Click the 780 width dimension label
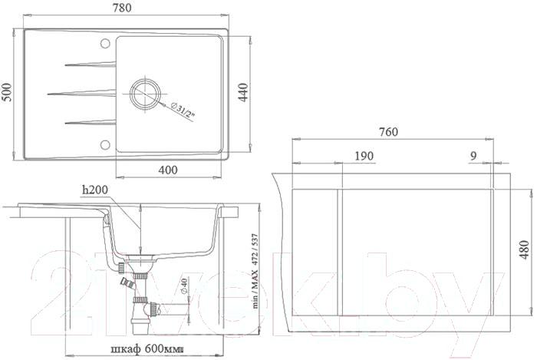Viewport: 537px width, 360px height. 122,8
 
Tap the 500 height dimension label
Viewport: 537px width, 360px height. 7,92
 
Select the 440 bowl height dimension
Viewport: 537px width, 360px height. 243,92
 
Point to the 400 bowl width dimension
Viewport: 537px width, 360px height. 169,170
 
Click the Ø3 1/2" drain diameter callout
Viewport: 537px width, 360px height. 183,111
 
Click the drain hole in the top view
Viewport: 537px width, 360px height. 145,93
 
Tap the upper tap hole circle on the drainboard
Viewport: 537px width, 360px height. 105,43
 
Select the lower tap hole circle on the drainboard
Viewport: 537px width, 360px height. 105,144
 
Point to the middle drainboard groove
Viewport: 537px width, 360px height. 81,93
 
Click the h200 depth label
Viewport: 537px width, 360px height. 95,189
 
